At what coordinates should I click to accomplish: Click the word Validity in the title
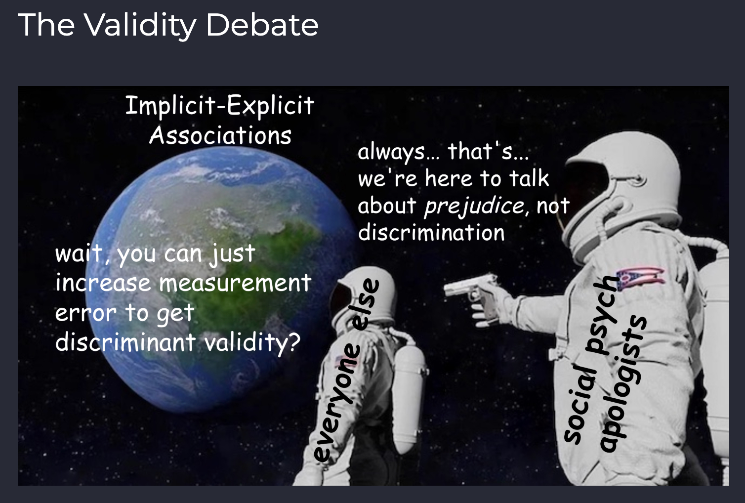(140, 25)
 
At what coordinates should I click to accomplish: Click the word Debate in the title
(262, 25)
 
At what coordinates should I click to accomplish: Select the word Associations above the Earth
(220, 135)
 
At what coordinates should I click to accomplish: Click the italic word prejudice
(474, 206)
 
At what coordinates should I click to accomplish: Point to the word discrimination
(431, 232)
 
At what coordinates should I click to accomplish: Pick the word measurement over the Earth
(235, 283)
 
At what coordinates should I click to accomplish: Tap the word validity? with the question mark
(252, 342)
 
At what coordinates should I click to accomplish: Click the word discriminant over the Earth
(125, 342)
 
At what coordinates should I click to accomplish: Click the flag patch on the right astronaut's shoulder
(640, 279)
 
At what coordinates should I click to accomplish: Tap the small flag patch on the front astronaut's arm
(339, 360)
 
